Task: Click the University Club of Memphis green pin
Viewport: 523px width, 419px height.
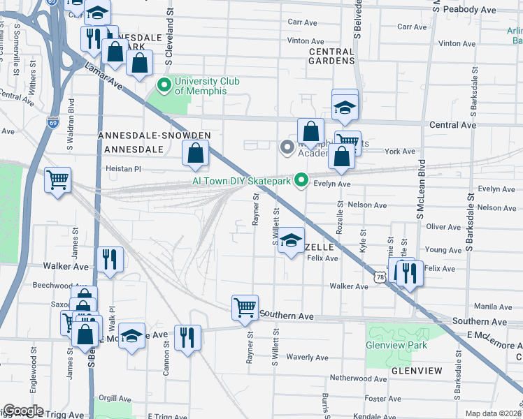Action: [164, 86]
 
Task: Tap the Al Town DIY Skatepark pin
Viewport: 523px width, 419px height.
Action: [301, 180]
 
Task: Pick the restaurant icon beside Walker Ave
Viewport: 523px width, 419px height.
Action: [110, 259]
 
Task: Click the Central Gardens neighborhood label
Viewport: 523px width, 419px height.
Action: [331, 56]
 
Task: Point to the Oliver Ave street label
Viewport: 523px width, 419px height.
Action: [443, 227]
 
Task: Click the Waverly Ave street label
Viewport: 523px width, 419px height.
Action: [307, 358]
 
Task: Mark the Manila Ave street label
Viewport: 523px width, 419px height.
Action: [493, 307]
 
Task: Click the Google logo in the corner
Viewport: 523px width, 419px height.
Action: [23, 411]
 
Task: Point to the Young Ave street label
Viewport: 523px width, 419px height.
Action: [443, 249]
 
